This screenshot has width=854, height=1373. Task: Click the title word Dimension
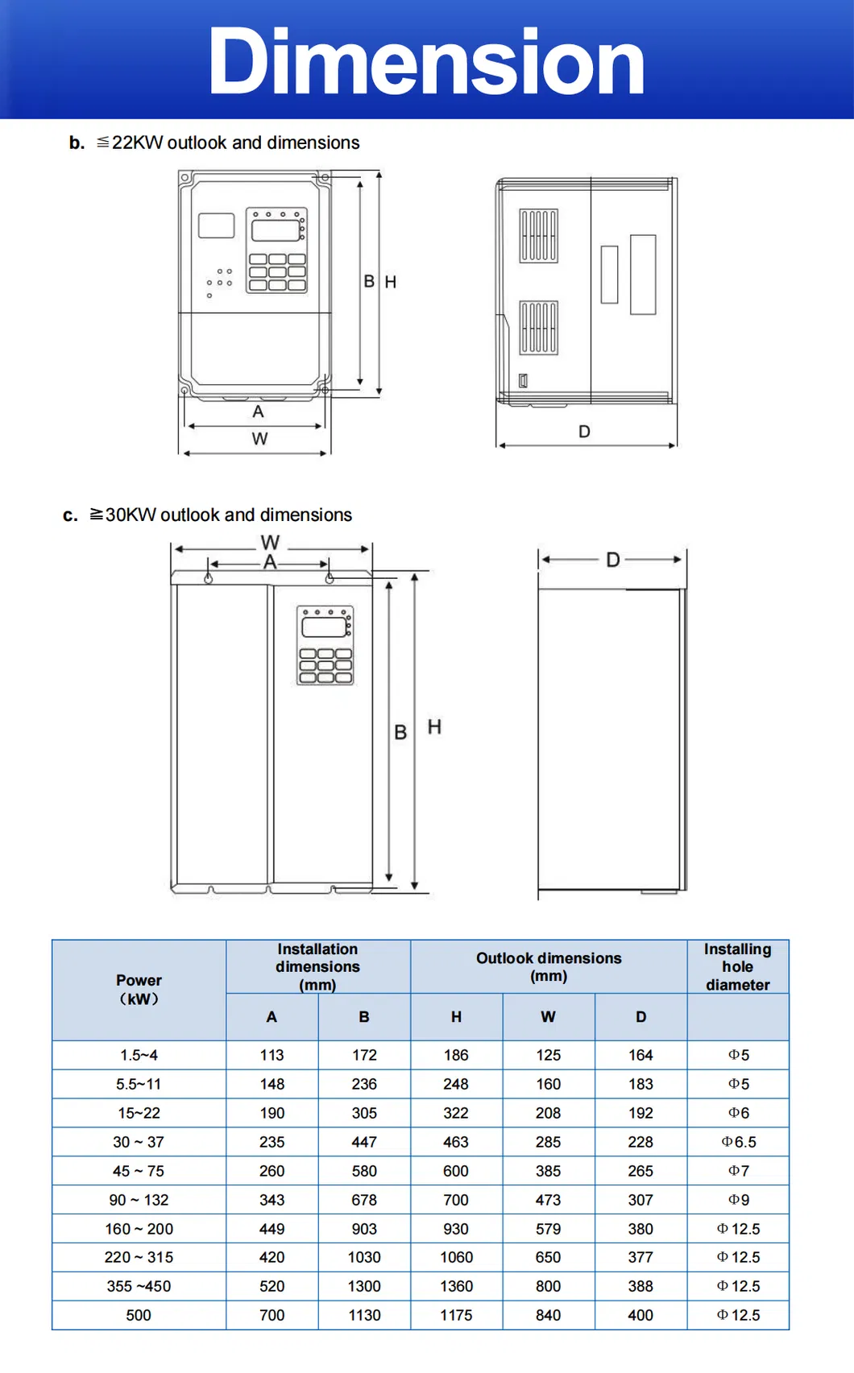pyautogui.click(x=426, y=61)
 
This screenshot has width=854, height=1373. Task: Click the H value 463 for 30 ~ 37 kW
pyautogui.click(x=456, y=1142)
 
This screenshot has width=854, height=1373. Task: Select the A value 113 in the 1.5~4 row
pyautogui.click(x=272, y=1055)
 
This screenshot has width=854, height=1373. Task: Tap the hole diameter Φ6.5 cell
pyautogui.click(x=738, y=1142)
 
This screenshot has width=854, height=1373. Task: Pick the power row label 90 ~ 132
pyautogui.click(x=139, y=1200)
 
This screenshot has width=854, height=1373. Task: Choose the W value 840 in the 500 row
pyautogui.click(x=548, y=1315)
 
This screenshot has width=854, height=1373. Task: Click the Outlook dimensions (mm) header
pyautogui.click(x=549, y=966)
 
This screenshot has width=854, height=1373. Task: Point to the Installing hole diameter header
pyautogui.click(x=737, y=966)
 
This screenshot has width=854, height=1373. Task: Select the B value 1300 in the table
pyautogui.click(x=364, y=1286)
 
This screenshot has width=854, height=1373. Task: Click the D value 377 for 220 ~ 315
pyautogui.click(x=640, y=1257)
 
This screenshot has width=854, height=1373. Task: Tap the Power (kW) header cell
pyautogui.click(x=139, y=989)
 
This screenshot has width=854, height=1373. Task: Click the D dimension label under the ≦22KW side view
pyautogui.click(x=584, y=432)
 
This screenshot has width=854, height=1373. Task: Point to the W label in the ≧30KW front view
pyautogui.click(x=271, y=543)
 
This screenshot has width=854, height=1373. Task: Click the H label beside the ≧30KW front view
pyautogui.click(x=434, y=727)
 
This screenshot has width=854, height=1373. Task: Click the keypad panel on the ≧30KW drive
pyautogui.click(x=325, y=645)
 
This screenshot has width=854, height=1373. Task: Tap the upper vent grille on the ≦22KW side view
pyautogui.click(x=538, y=236)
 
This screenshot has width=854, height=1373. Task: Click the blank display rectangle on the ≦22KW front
pyautogui.click(x=216, y=225)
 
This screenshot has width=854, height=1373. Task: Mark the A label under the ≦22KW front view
pyautogui.click(x=258, y=411)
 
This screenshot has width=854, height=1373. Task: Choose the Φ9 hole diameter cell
pyautogui.click(x=738, y=1200)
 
